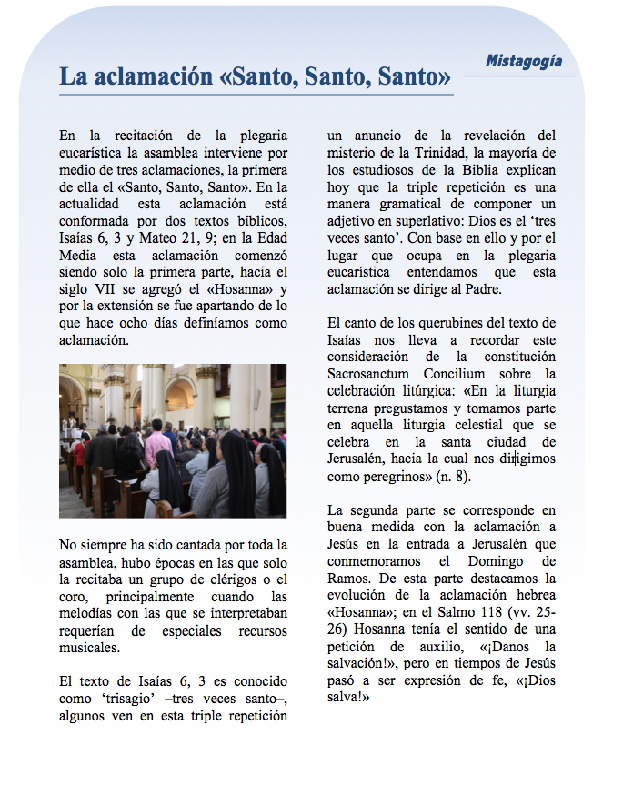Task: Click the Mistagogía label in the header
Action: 523,62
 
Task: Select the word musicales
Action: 89,648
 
